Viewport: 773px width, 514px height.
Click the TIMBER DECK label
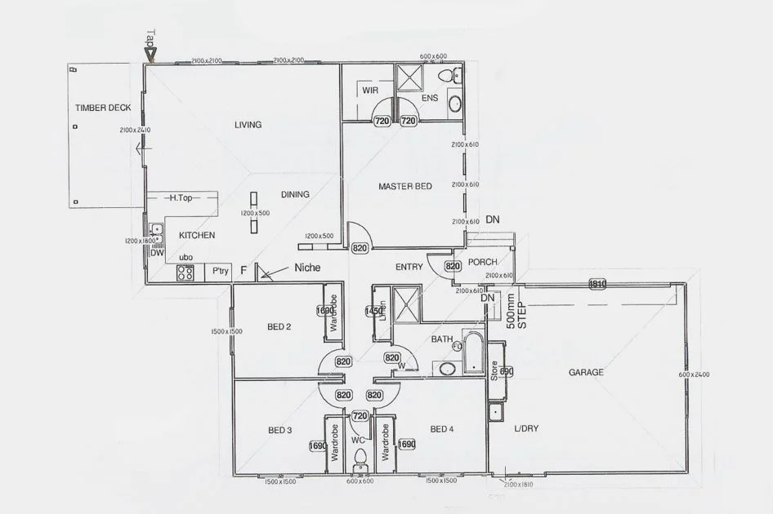tap(103, 108)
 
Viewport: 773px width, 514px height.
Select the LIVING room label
tap(248, 125)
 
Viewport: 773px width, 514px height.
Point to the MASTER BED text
tap(404, 187)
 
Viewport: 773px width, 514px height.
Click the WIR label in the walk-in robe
tap(370, 91)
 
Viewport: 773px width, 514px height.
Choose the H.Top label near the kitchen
tap(181, 197)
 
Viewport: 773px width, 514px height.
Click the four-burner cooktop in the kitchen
tap(185, 273)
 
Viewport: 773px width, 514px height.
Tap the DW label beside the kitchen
tap(157, 254)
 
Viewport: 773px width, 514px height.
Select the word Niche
tap(308, 268)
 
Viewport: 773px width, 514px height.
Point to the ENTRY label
tap(409, 267)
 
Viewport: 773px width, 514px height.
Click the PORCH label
tap(483, 262)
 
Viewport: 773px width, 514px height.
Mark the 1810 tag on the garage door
tap(597, 284)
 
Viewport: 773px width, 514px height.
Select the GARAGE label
tap(586, 372)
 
